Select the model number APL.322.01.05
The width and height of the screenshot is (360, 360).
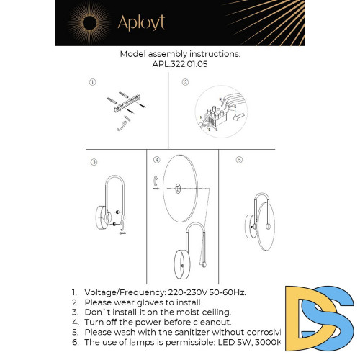(179, 63)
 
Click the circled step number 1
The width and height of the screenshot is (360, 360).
(93, 82)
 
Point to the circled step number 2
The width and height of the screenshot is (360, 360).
(185, 82)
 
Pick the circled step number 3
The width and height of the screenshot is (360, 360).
(94, 162)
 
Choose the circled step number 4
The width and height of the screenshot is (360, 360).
(156, 158)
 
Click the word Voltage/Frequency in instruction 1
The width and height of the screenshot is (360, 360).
(122, 292)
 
